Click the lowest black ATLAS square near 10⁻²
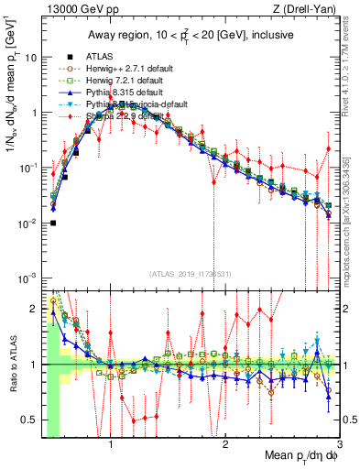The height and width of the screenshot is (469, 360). (54, 223)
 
